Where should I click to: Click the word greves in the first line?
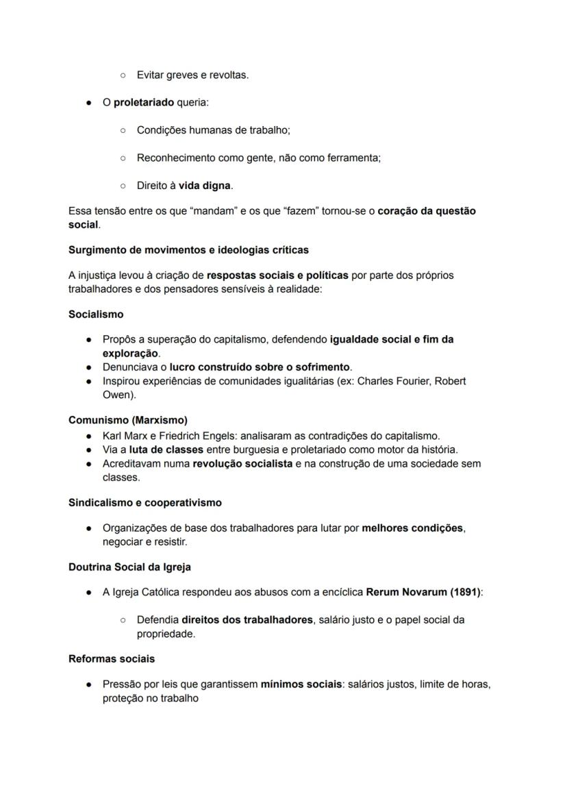pos(180,75)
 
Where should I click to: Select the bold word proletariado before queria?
pos(144,103)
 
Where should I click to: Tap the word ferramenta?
pos(353,158)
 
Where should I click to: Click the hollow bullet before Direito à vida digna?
pos(123,186)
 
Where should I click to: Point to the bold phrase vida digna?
pos(205,186)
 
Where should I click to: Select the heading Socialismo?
pos(96,315)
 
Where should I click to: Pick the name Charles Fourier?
pos(395,381)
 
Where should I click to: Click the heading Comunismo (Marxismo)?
pos(128,420)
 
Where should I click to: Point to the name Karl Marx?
pos(125,436)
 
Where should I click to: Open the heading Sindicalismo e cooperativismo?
pos(145,503)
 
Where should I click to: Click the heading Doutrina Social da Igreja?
pos(130,567)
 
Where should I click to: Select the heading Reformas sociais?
pos(112,659)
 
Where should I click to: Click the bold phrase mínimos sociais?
pos(301,685)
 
